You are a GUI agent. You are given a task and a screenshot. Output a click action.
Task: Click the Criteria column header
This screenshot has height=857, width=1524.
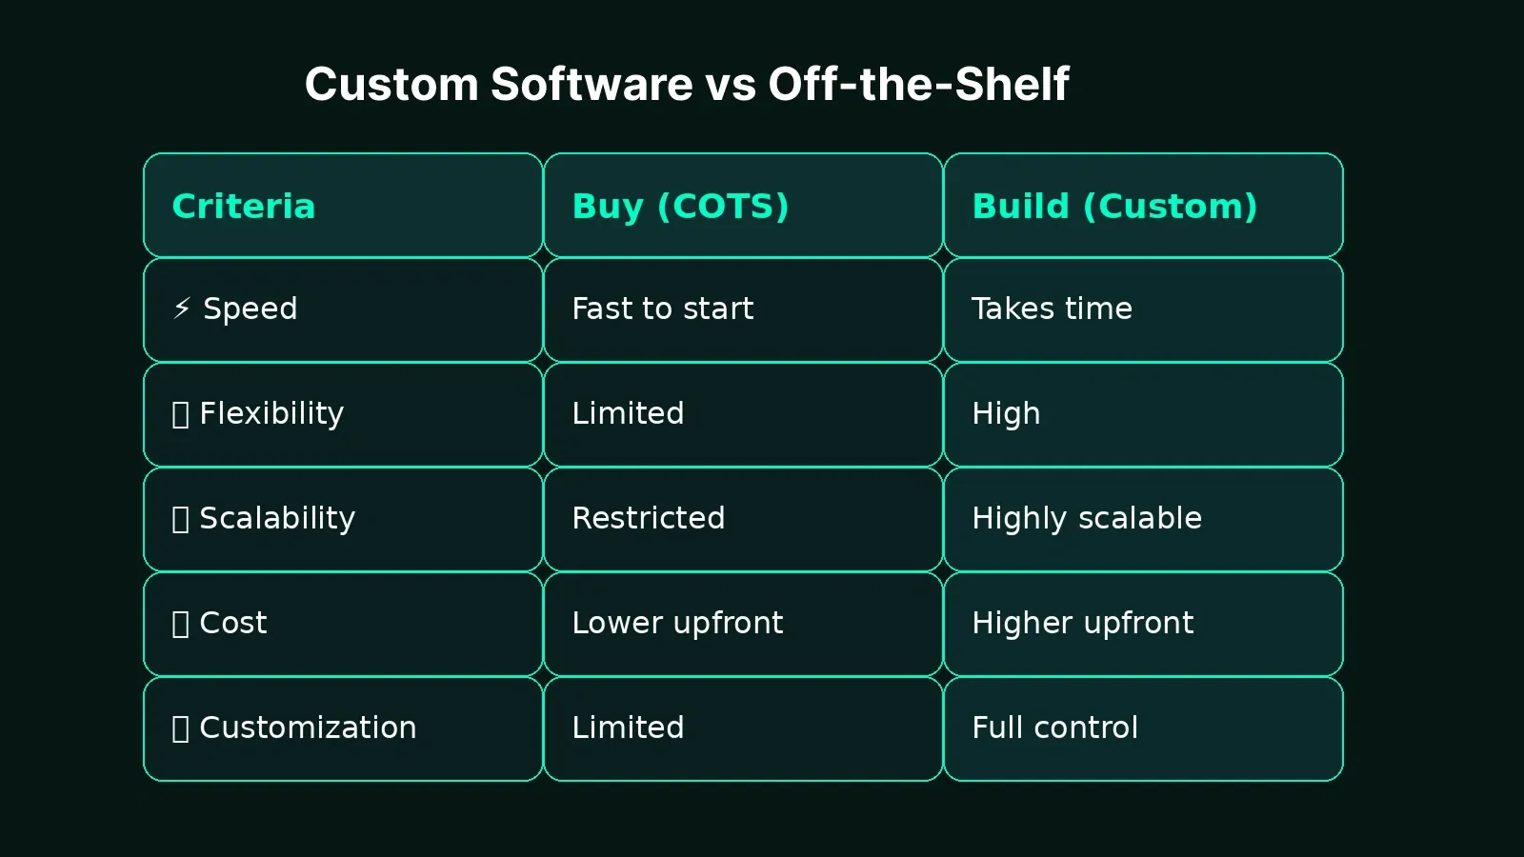click(x=244, y=207)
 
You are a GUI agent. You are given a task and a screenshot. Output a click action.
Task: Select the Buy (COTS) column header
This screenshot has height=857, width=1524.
click(x=680, y=207)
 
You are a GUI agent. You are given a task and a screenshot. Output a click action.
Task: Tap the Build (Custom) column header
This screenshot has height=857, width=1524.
click(x=1114, y=207)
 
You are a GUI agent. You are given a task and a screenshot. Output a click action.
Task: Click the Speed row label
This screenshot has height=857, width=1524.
click(x=250, y=309)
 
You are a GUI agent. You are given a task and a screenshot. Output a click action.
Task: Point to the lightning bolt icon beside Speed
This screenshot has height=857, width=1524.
click(x=182, y=308)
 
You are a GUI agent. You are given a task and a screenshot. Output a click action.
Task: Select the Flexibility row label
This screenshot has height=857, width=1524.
click(x=271, y=414)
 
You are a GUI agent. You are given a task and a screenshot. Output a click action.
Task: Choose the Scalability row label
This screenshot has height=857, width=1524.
click(x=276, y=519)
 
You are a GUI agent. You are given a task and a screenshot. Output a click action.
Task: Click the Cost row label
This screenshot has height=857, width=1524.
click(x=232, y=624)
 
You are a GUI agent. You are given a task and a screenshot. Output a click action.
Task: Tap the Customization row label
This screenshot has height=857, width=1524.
click(x=307, y=728)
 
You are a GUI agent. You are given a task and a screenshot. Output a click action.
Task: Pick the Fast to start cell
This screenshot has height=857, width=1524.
click(x=662, y=309)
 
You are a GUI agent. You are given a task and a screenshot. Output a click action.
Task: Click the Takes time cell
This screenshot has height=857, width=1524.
click(x=1052, y=309)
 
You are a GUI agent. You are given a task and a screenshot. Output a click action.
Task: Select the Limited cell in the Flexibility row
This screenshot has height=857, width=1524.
click(x=628, y=414)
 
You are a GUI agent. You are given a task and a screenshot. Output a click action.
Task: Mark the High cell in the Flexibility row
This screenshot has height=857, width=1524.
click(x=1006, y=414)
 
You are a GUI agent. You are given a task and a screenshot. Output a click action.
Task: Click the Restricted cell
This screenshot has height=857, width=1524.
click(x=648, y=519)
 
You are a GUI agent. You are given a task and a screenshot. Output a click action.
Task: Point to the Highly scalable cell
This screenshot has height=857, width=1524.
click(x=1086, y=519)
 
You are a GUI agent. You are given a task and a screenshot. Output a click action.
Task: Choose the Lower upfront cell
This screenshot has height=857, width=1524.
click(x=677, y=624)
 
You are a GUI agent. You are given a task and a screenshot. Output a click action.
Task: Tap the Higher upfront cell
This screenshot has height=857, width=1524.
click(x=1082, y=624)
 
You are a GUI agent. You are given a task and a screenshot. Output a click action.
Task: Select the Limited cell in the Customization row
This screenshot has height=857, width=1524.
click(x=628, y=728)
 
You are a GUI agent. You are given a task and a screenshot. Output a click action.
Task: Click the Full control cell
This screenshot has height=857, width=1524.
click(x=1054, y=728)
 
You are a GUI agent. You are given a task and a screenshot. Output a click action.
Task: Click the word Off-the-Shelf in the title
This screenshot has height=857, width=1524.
click(x=918, y=84)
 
